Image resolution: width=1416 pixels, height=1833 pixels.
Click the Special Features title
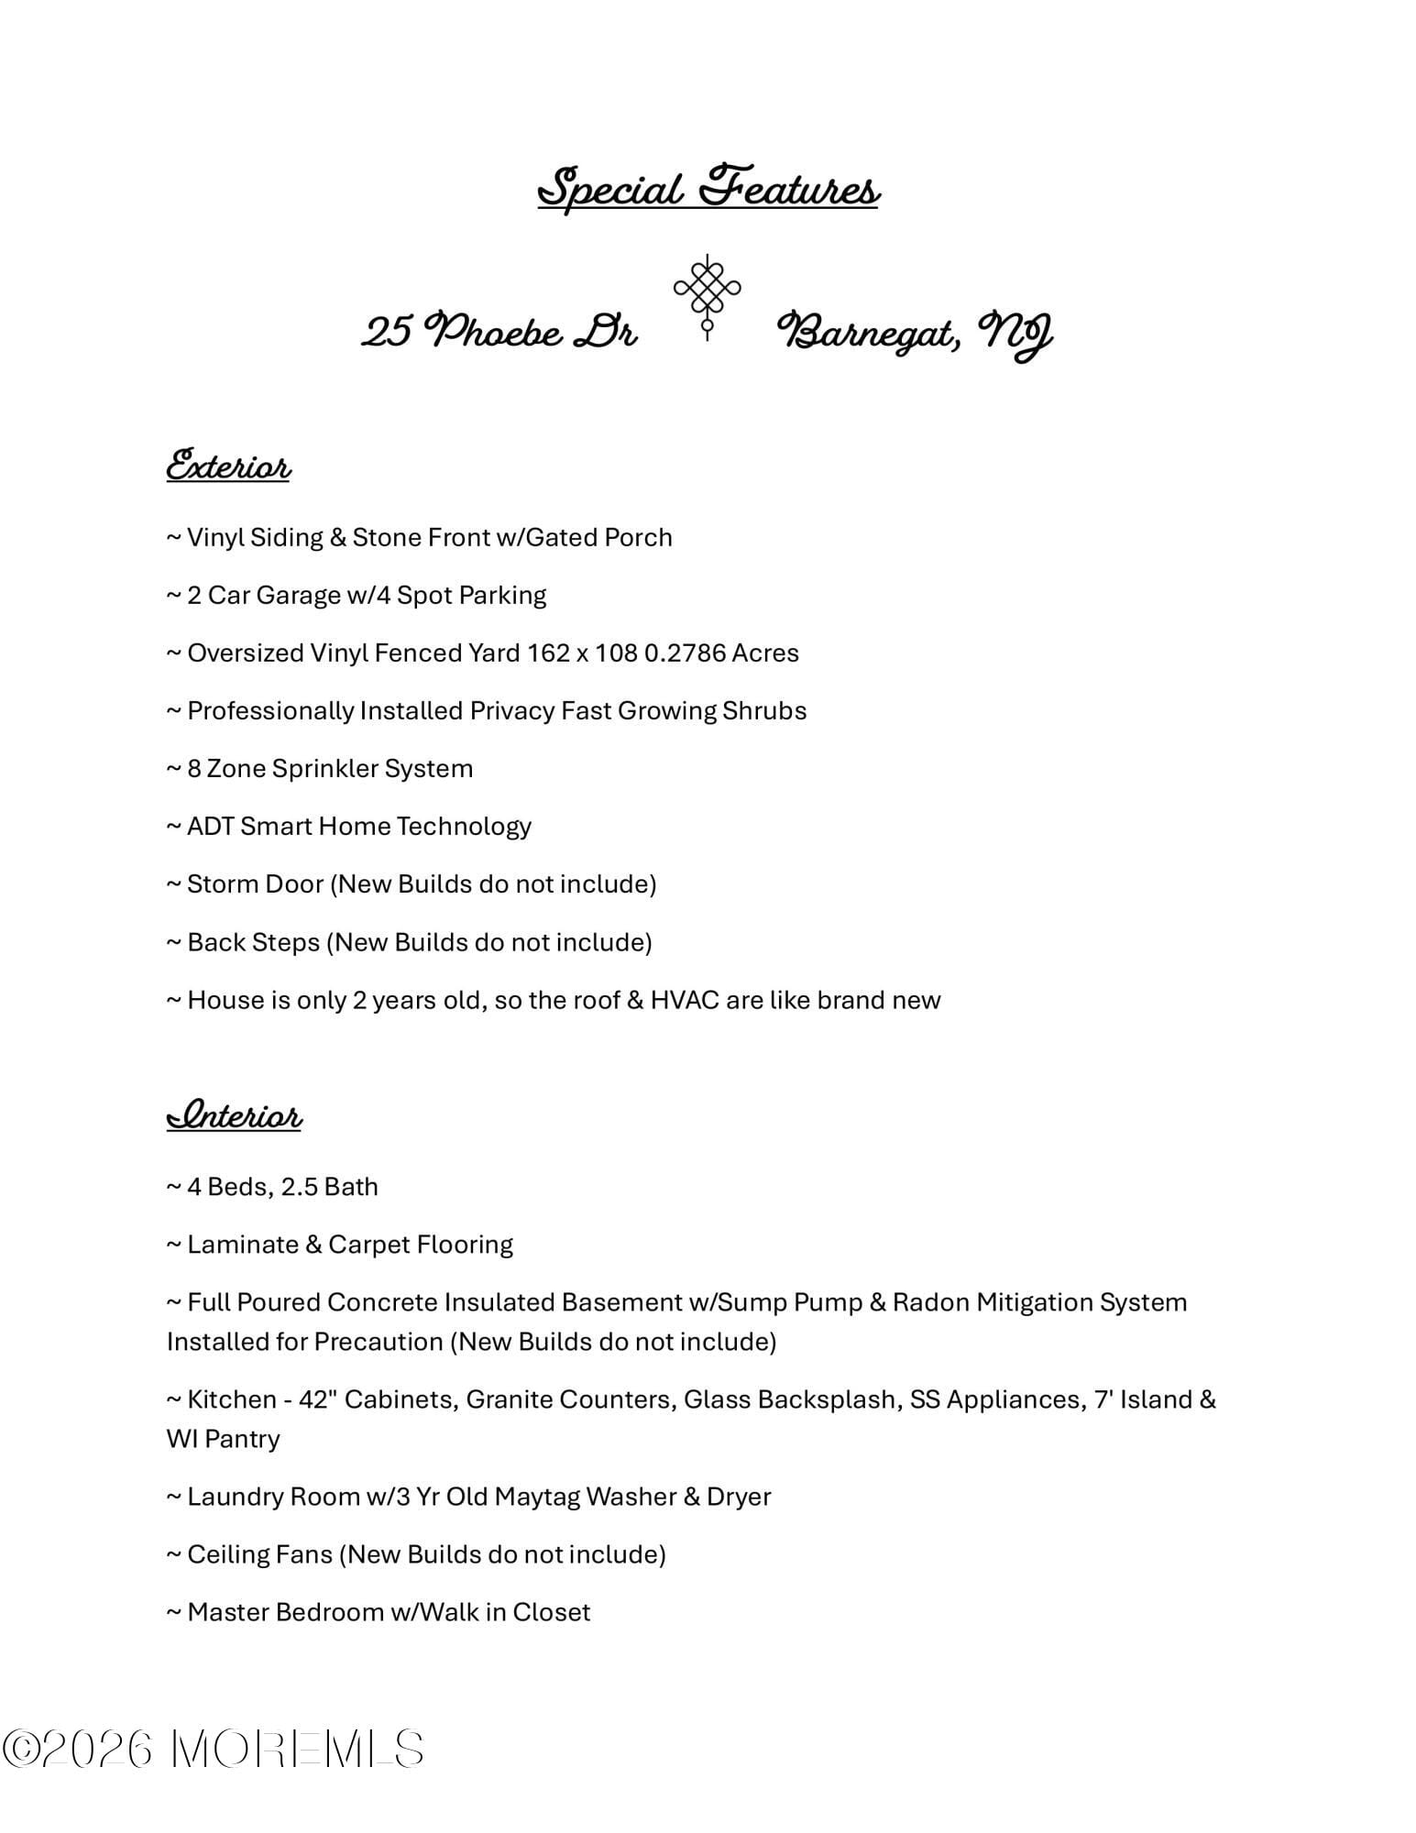coord(708,189)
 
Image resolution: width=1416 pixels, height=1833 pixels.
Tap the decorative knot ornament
coord(707,295)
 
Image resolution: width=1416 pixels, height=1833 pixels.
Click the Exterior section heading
coord(228,466)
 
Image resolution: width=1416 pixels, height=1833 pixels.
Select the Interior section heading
coord(234,1115)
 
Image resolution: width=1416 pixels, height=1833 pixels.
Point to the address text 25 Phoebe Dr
coord(499,332)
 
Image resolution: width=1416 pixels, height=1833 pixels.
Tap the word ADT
coord(210,827)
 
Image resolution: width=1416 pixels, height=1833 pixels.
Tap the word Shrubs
coord(764,711)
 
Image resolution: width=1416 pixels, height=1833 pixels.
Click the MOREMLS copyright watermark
coord(214,1749)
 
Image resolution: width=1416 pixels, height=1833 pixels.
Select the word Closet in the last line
coord(551,1612)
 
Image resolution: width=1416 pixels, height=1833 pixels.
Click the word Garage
coord(298,596)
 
